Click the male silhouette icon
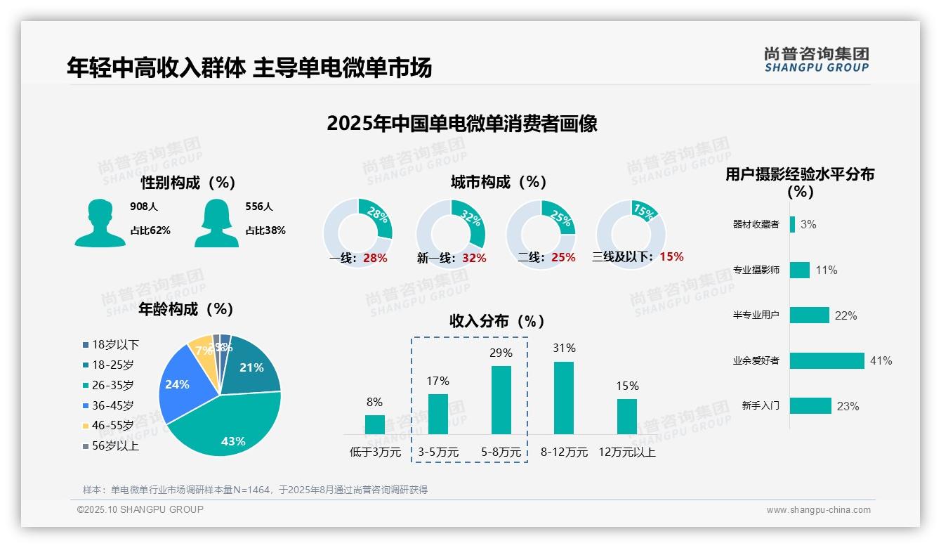tap(100, 223)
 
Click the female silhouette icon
tap(216, 223)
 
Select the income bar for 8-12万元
tap(564, 398)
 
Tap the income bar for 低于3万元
tap(375, 424)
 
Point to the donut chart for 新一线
tap(451, 233)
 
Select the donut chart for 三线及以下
tap(631, 233)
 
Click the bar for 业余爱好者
tap(827, 360)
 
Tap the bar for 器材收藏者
tap(792, 224)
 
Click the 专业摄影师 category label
tap(756, 270)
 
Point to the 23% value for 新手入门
tap(848, 406)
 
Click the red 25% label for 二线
tap(563, 258)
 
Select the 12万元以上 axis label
tap(626, 452)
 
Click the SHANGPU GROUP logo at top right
tap(816, 60)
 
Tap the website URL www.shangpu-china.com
tap(818, 510)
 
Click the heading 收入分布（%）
tap(497, 321)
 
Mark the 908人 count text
tap(144, 207)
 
